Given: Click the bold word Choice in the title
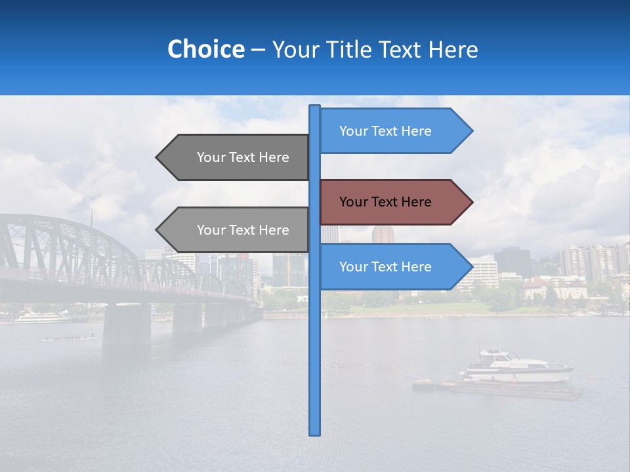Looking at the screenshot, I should pyautogui.click(x=205, y=49).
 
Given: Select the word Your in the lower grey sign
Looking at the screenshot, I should pyautogui.click(x=211, y=230).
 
